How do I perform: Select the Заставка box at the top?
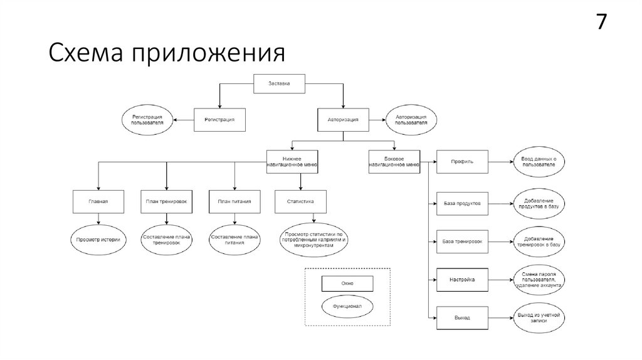[x=280, y=83]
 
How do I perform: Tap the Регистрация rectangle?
[x=218, y=119]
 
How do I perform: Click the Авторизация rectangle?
[x=343, y=119]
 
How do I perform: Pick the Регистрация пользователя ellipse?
[x=147, y=119]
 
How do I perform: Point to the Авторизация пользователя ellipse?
[x=411, y=119]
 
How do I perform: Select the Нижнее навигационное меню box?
[x=292, y=161]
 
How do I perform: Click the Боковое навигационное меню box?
[x=394, y=161]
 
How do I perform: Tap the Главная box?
[x=98, y=201]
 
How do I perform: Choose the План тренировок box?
[x=166, y=201]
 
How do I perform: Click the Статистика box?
[x=300, y=201]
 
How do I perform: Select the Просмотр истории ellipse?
[x=98, y=240]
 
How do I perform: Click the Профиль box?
[x=462, y=162]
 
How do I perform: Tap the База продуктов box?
[x=462, y=203]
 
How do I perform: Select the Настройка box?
[x=462, y=280]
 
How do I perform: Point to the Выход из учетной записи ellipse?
[x=538, y=317]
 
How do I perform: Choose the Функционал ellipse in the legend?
[x=347, y=307]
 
